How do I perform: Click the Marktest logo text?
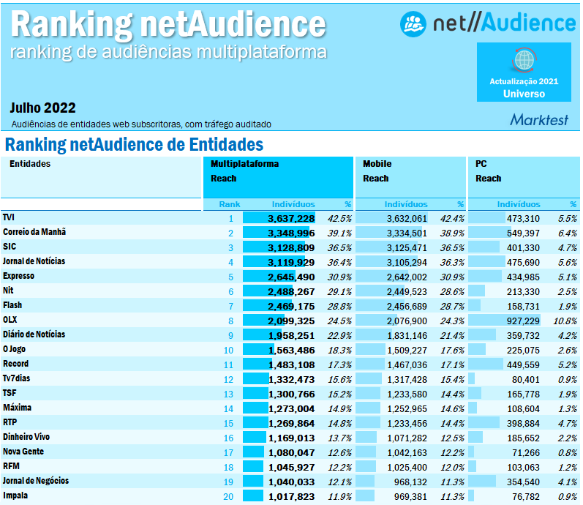coord(538,119)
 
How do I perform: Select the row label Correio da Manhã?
coord(34,233)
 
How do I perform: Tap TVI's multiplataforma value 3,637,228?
coord(291,218)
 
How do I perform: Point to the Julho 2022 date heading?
coord(43,108)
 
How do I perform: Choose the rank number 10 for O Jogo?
coord(228,350)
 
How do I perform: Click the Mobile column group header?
coord(377,164)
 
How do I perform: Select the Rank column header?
coord(229,204)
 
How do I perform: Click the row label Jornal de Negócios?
coord(36,480)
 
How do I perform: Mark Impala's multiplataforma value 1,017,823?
coord(291,495)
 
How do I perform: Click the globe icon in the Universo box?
coord(524,60)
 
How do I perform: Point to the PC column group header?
coord(481,164)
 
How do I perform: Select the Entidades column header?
coord(30,164)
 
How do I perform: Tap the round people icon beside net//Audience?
coord(413,24)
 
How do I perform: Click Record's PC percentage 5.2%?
coord(566,364)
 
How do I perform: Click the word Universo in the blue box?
coord(524,94)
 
